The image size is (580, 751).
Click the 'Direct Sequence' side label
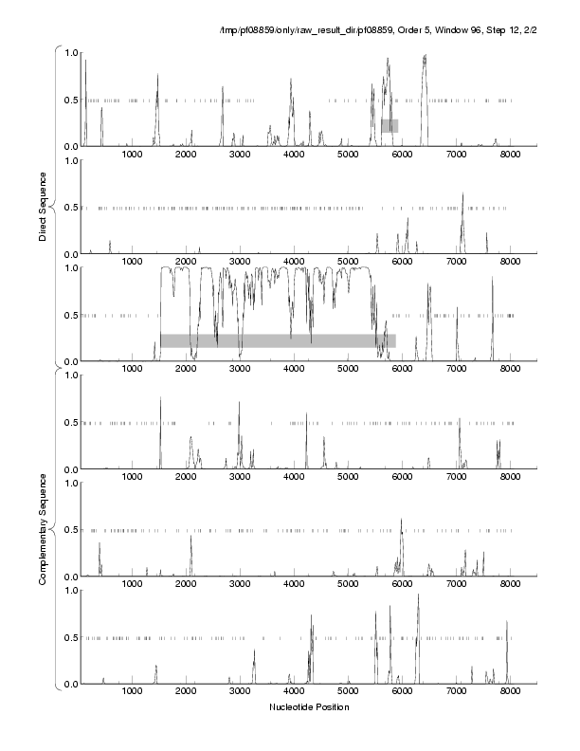44,204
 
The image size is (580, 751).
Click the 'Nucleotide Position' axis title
309,707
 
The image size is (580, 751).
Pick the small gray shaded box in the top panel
390,125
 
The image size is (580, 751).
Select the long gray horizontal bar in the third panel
277,340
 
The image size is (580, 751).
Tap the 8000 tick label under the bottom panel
511,692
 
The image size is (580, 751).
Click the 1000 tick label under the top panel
132,155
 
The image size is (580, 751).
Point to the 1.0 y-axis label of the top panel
69,52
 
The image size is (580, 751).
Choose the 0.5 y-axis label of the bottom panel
69,637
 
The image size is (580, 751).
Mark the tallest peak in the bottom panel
418,595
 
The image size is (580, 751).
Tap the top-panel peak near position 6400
425,57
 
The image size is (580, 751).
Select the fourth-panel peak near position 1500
160,399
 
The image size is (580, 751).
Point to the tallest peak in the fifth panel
402,521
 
